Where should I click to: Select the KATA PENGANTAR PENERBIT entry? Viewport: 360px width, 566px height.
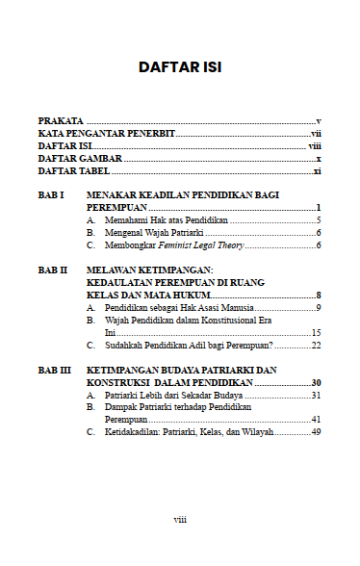(106, 132)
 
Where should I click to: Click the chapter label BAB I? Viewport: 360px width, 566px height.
(50, 195)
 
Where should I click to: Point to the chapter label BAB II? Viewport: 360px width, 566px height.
(52, 270)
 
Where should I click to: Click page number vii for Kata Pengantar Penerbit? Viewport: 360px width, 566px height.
(315, 132)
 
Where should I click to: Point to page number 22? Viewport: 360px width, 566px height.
(315, 345)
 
